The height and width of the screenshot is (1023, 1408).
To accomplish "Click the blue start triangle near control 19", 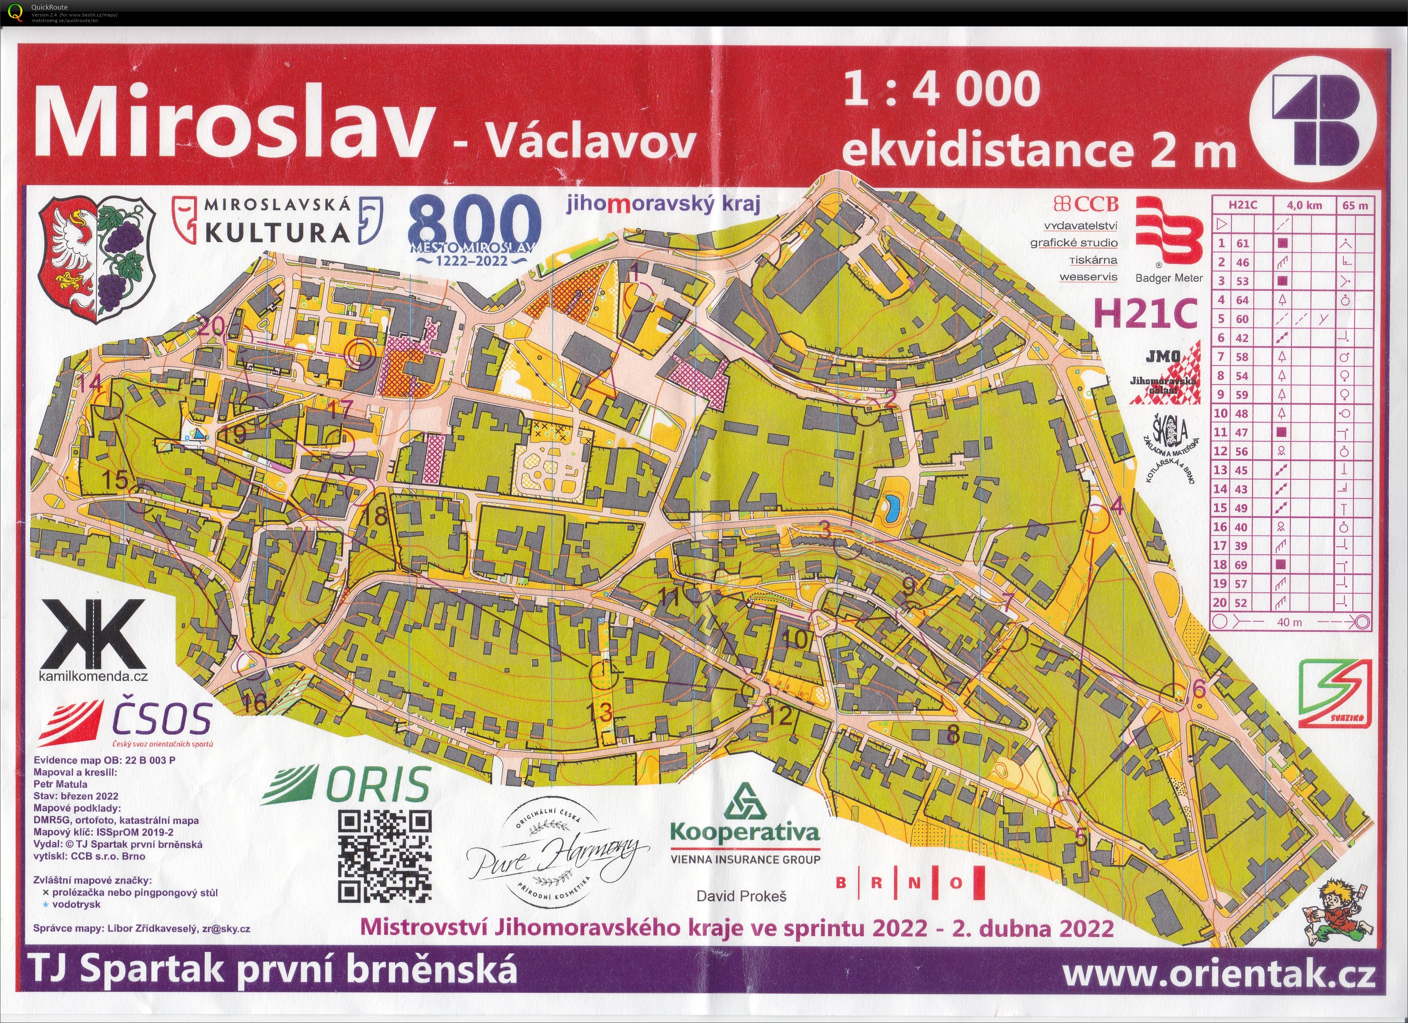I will click(x=198, y=435).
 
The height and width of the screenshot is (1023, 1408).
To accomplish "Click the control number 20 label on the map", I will click(x=213, y=327).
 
